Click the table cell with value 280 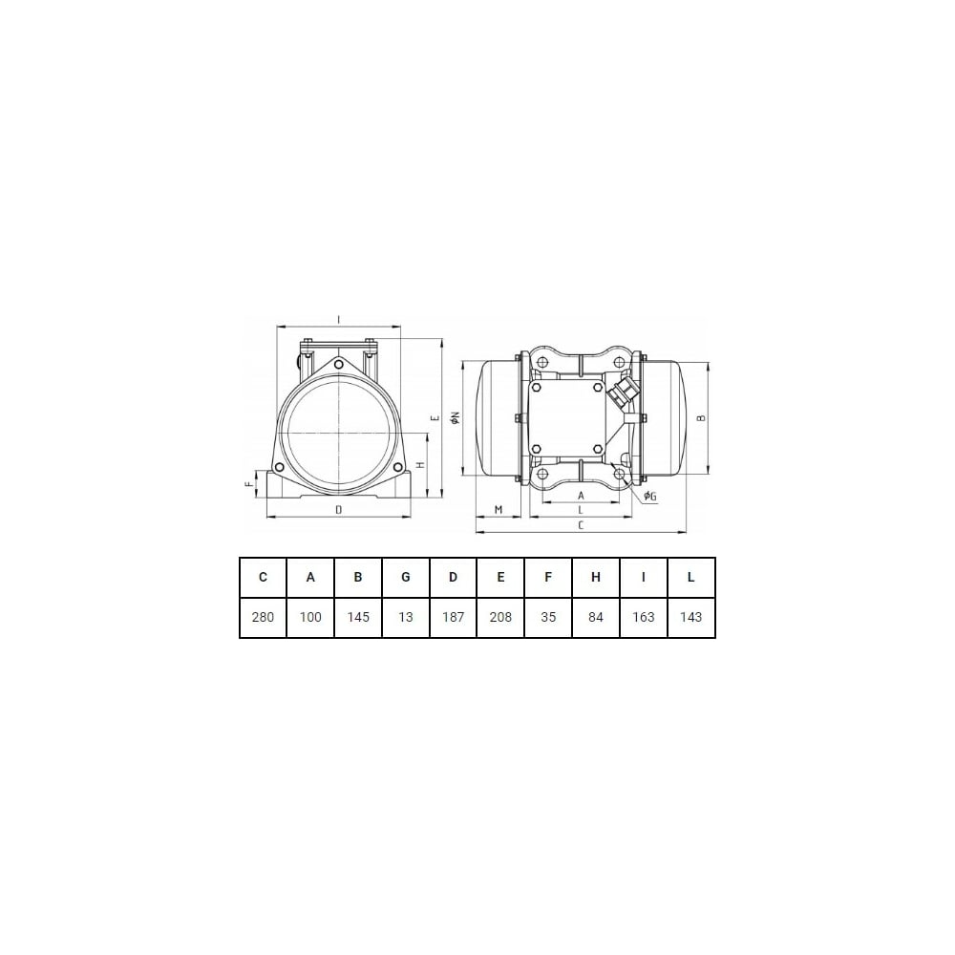click(x=264, y=617)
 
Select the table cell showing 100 click(x=310, y=617)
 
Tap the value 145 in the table click(x=358, y=617)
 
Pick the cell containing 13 click(x=406, y=617)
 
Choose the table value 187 click(x=453, y=617)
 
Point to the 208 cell click(x=500, y=617)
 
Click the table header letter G click(x=406, y=577)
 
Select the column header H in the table click(x=596, y=577)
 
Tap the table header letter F click(x=548, y=577)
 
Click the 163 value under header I click(x=643, y=617)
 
